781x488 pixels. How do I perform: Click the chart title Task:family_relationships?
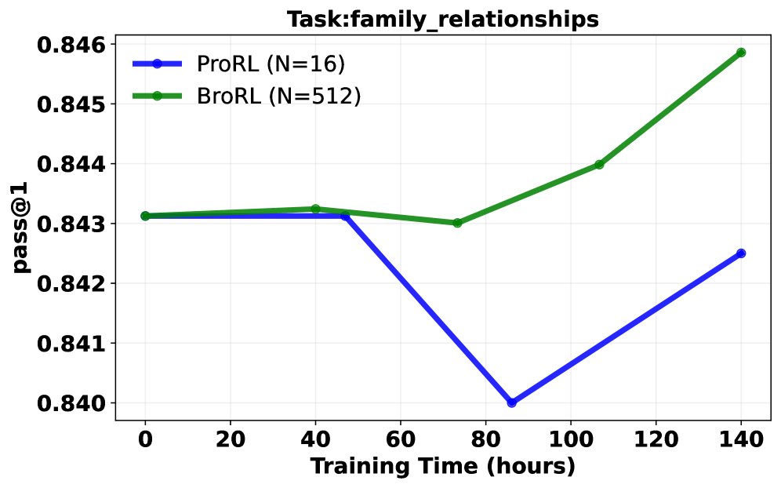(x=443, y=20)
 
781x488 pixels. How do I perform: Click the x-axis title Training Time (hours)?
(x=443, y=466)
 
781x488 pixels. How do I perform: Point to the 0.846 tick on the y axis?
(x=71, y=45)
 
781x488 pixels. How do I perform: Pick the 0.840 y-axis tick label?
(x=71, y=403)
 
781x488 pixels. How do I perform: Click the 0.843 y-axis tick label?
(x=71, y=224)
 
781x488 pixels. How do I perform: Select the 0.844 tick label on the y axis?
(x=71, y=165)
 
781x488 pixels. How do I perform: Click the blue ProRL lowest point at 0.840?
(x=512, y=402)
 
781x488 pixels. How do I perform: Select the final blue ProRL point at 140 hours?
(x=741, y=253)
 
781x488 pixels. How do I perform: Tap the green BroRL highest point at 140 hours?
(x=741, y=53)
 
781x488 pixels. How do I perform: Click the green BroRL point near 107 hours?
(x=600, y=165)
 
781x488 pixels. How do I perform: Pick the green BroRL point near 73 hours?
(x=457, y=223)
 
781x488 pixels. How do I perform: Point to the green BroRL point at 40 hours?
(x=315, y=209)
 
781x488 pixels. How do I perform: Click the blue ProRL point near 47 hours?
(x=345, y=216)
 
